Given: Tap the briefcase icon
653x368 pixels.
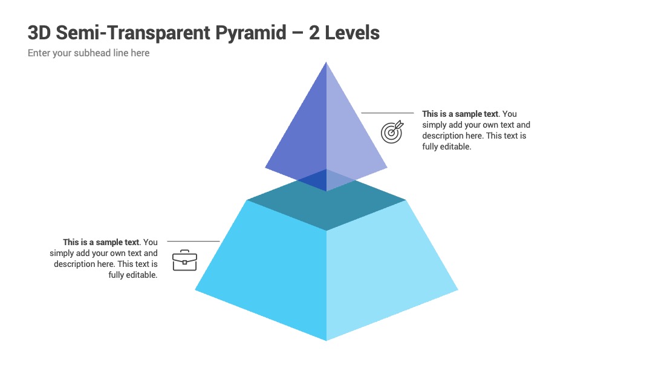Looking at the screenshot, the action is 184,260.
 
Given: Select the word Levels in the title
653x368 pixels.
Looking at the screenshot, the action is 352,33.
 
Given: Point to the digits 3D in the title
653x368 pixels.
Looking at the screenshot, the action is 39,33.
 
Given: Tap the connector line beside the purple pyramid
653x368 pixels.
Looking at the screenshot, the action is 388,113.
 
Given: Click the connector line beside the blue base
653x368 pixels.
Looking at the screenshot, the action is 193,241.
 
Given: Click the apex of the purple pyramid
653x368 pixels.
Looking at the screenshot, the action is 326,62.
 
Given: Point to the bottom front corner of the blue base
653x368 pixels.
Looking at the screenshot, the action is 326,341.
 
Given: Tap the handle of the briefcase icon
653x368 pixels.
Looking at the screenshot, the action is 184,252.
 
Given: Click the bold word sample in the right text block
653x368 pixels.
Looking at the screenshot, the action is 469,114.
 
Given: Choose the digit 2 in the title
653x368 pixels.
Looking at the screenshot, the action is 314,33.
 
